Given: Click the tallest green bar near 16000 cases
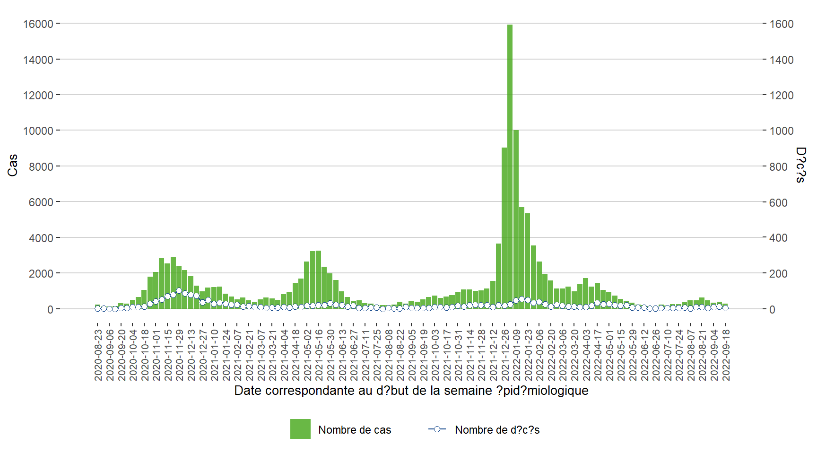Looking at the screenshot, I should [510, 166].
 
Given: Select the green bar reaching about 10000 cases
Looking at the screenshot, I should [516, 218].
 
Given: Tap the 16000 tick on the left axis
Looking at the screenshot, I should [38, 24].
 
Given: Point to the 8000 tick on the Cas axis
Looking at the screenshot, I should [41, 167].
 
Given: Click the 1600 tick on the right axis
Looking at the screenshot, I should [782, 24].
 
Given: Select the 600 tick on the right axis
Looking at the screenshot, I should [778, 202].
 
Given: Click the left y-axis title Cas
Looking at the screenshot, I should [13, 166].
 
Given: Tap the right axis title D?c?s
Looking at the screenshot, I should [800, 165].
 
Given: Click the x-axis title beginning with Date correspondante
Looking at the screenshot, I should [411, 391].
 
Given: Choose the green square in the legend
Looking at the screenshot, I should [300, 429].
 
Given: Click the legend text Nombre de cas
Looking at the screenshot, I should [355, 430].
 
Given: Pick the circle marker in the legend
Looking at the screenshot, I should [437, 429].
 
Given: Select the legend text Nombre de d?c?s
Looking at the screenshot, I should [497, 430].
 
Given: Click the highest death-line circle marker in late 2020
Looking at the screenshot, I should [179, 291].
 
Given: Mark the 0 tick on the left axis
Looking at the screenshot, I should [50, 310].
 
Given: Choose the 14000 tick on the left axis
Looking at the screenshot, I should [38, 60].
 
